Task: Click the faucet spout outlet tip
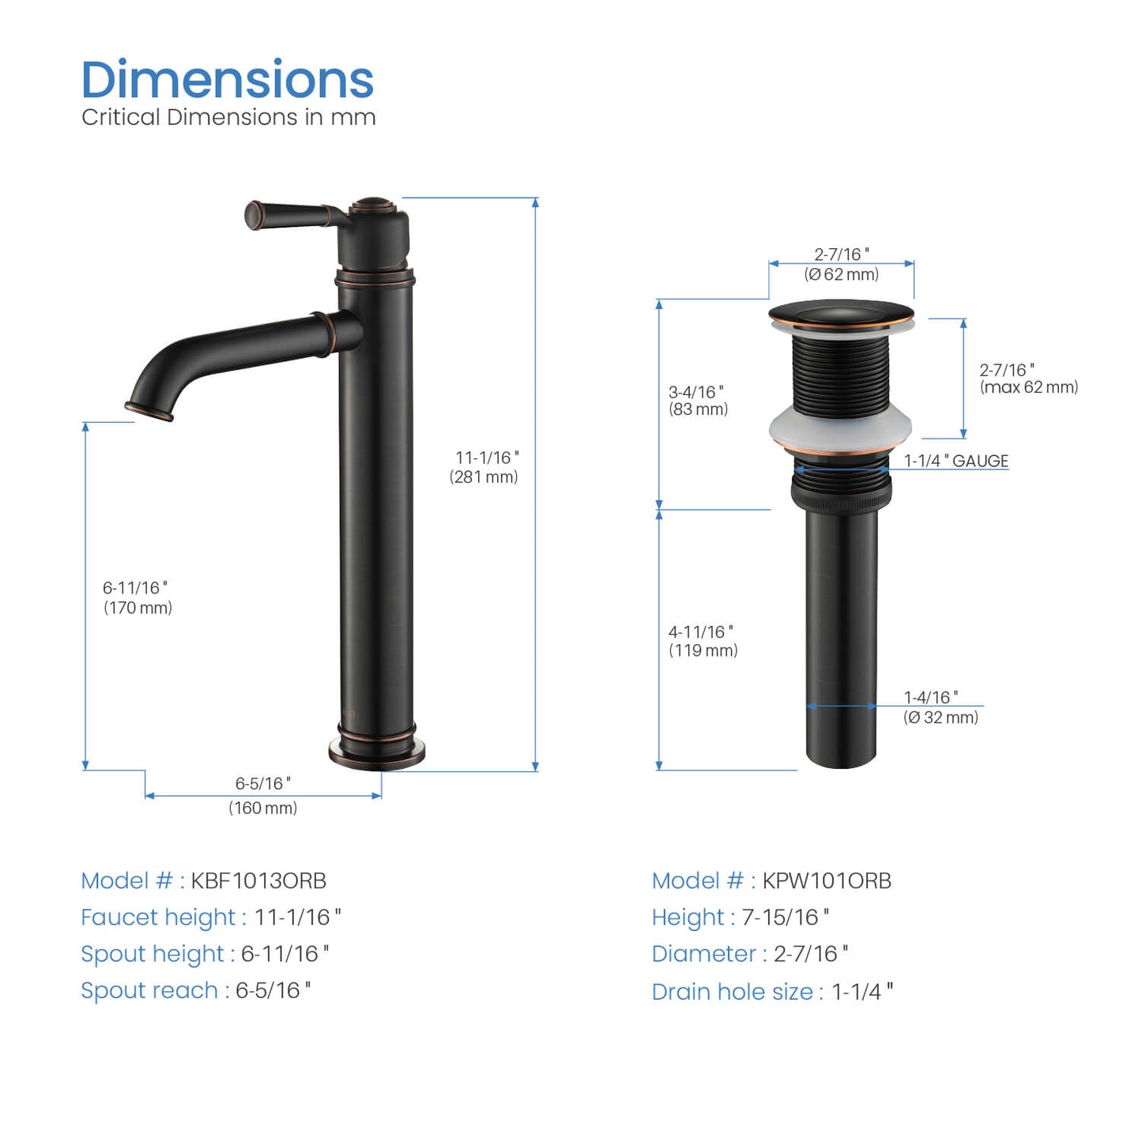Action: pos(149,411)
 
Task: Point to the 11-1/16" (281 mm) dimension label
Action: pos(484,467)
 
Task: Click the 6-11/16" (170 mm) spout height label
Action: pos(138,597)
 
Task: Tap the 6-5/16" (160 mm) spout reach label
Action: pos(263,795)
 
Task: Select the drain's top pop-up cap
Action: pos(840,313)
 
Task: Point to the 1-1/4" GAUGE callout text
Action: pos(956,461)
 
